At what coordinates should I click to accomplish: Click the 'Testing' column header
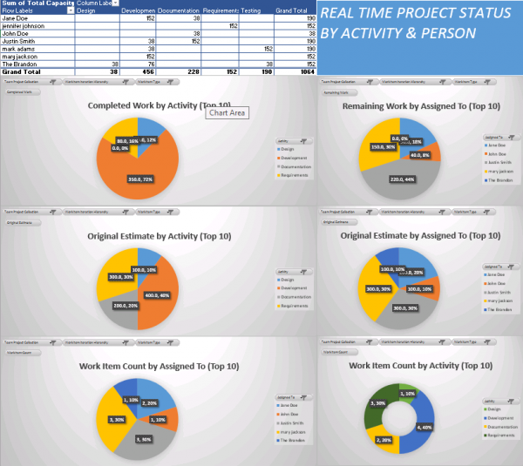point(250,11)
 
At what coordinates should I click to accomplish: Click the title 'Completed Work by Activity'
point(144,105)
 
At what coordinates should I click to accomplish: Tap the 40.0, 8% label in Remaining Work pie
point(420,155)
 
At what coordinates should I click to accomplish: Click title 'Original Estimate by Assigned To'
point(412,236)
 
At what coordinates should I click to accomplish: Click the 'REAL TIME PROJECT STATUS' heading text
point(403,17)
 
